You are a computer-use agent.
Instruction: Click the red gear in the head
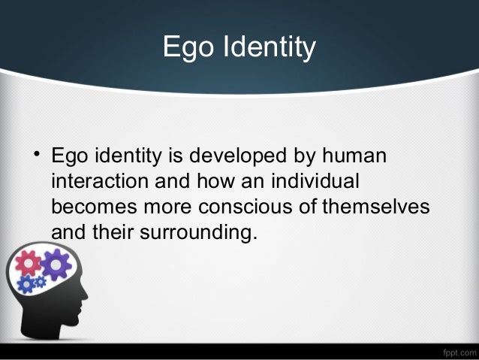tap(29, 262)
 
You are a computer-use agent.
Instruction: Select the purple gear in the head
tap(56, 264)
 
